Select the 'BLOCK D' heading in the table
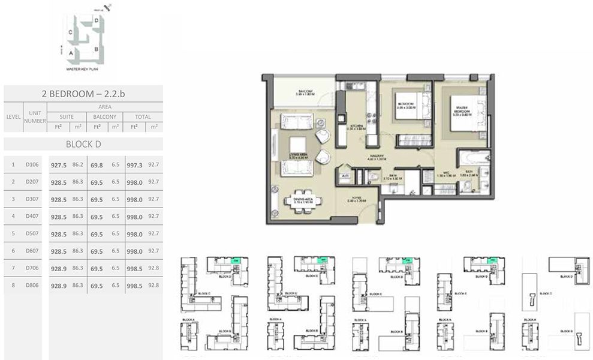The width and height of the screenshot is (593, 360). point(83,144)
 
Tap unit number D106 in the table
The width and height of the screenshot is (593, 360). point(32,164)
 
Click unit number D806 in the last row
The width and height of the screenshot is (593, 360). point(32,286)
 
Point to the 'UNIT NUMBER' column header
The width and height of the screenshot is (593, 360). point(35,117)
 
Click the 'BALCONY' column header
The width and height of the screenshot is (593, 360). point(105,117)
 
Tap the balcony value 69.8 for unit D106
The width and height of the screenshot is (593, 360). point(97,164)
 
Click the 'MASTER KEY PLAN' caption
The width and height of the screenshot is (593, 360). point(83,70)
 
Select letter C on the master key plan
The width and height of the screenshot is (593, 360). point(71,32)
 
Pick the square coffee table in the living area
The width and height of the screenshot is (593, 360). point(297,145)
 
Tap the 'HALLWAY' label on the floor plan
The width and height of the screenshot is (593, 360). point(377,158)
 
